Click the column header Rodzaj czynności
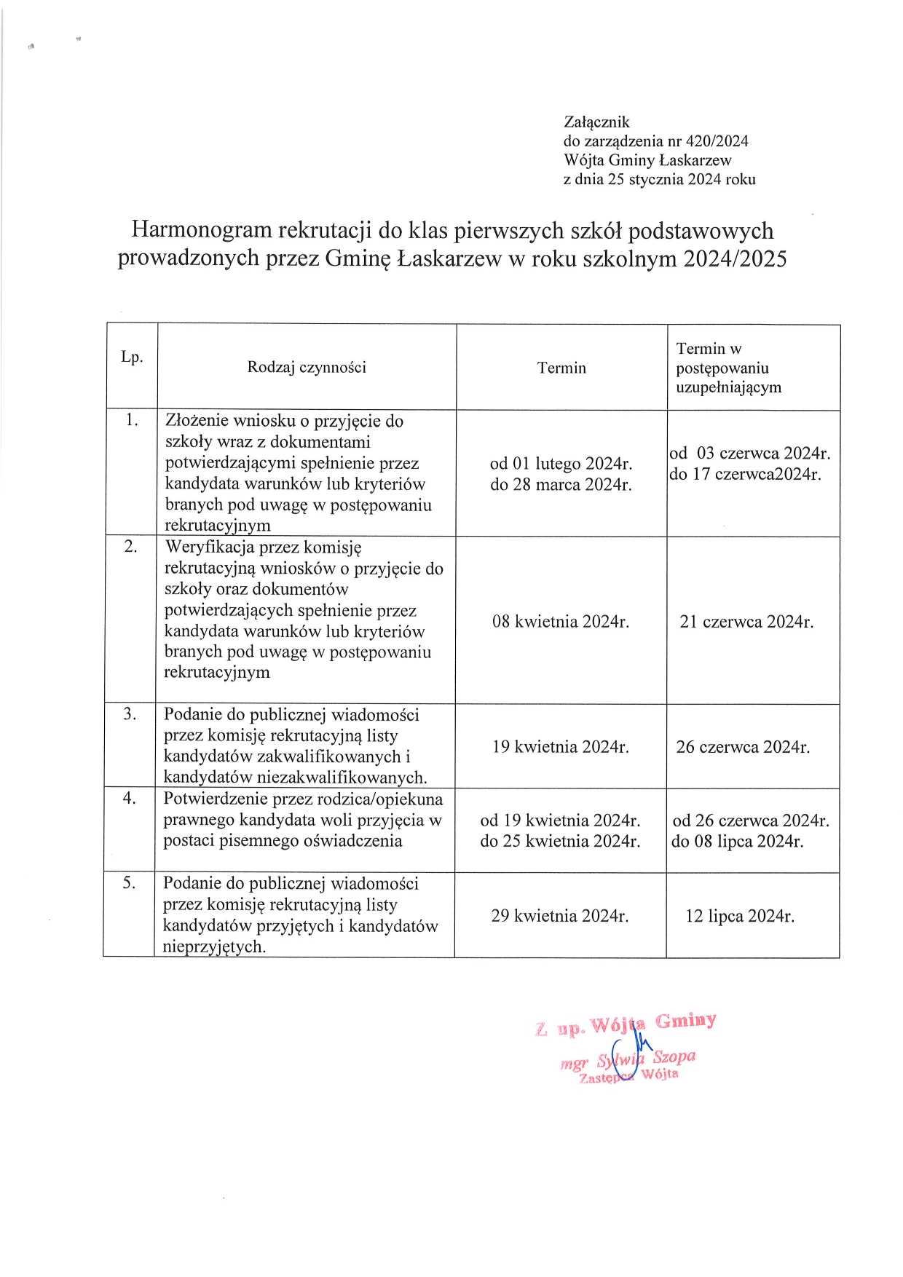coord(307,367)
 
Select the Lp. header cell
coord(132,357)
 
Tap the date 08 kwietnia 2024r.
coord(561,622)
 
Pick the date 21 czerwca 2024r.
coord(746,622)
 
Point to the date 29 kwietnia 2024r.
coord(560,916)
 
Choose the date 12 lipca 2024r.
coord(740,916)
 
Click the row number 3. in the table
coord(130,714)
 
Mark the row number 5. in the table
coord(129,883)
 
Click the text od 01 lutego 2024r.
coord(561,464)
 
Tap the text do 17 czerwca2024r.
coord(745,475)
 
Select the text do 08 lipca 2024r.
coord(738,842)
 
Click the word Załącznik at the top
coord(596,122)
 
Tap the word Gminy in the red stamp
coord(685,1021)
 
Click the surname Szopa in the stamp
coord(674,1056)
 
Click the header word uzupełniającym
coord(728,387)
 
